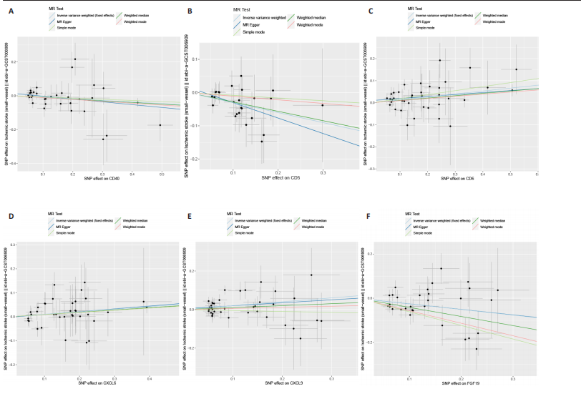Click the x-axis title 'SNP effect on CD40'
coord(102,177)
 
